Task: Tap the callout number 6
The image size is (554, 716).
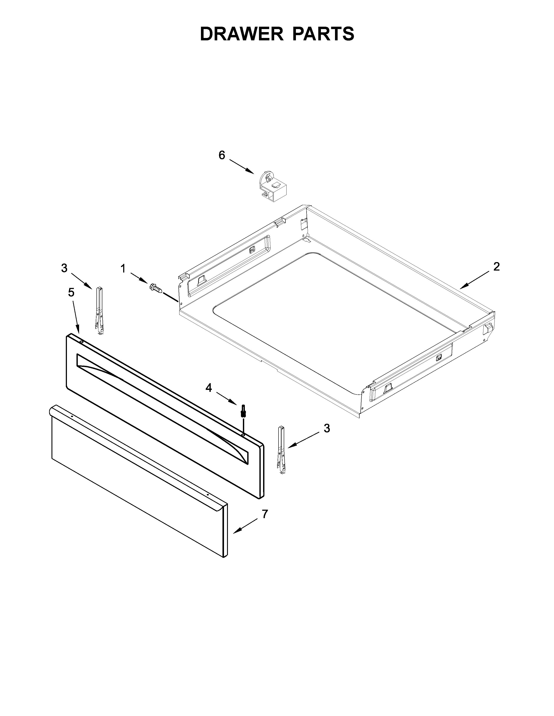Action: (x=222, y=155)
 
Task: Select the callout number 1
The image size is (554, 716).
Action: (x=123, y=269)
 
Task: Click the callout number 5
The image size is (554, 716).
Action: (x=71, y=292)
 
